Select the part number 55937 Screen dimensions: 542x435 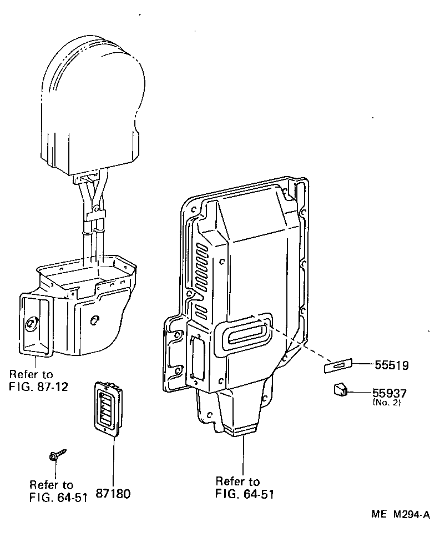390,393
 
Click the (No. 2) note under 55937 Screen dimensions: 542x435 386,403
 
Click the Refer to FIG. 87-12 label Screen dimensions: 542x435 38,380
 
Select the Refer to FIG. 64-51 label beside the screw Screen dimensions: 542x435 58,491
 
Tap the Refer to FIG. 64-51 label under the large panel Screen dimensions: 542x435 244,488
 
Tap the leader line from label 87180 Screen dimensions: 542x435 114,461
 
